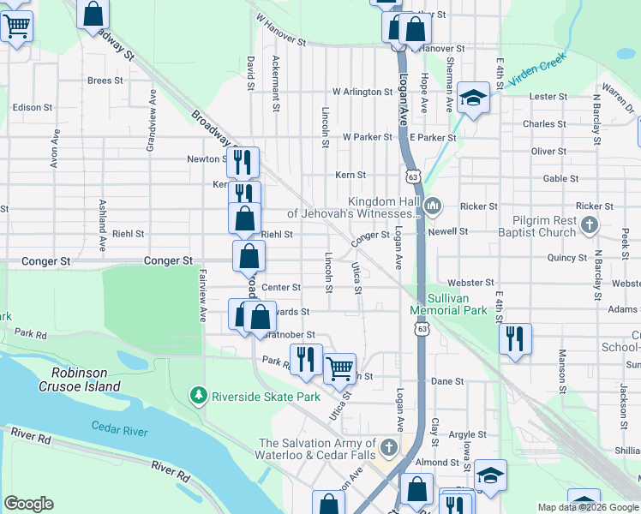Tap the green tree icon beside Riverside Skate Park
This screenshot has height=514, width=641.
[x=199, y=396]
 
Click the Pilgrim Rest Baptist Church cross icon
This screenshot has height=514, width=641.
[x=587, y=226]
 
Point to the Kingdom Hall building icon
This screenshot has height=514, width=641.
[x=434, y=206]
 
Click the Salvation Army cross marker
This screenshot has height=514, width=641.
[x=388, y=447]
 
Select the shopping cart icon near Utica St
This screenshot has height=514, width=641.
[x=340, y=368]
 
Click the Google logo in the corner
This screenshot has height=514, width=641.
[x=28, y=504]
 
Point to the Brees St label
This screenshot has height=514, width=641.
[x=105, y=81]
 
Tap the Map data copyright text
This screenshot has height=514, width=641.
[x=588, y=507]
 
